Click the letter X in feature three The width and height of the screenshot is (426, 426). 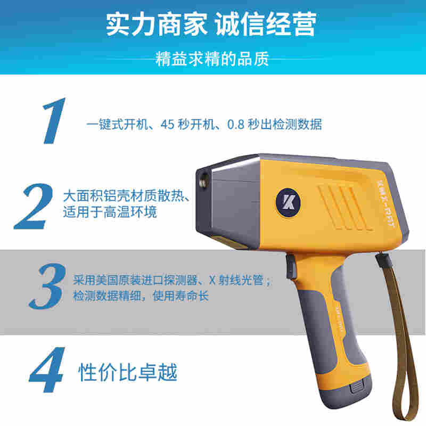[x=212, y=280]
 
